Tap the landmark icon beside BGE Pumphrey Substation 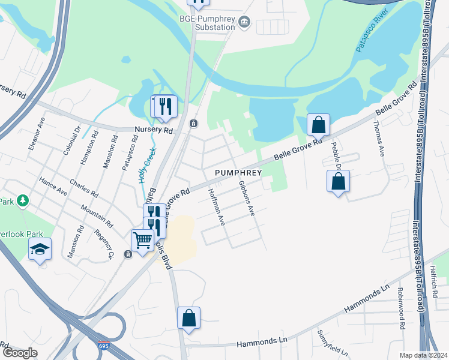tap(244, 23)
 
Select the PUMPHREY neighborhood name tap(238, 173)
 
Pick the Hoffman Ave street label tap(216, 207)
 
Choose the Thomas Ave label tap(379, 137)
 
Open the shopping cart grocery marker tap(142, 241)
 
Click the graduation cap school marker tap(40, 249)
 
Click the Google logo tap(20, 353)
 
